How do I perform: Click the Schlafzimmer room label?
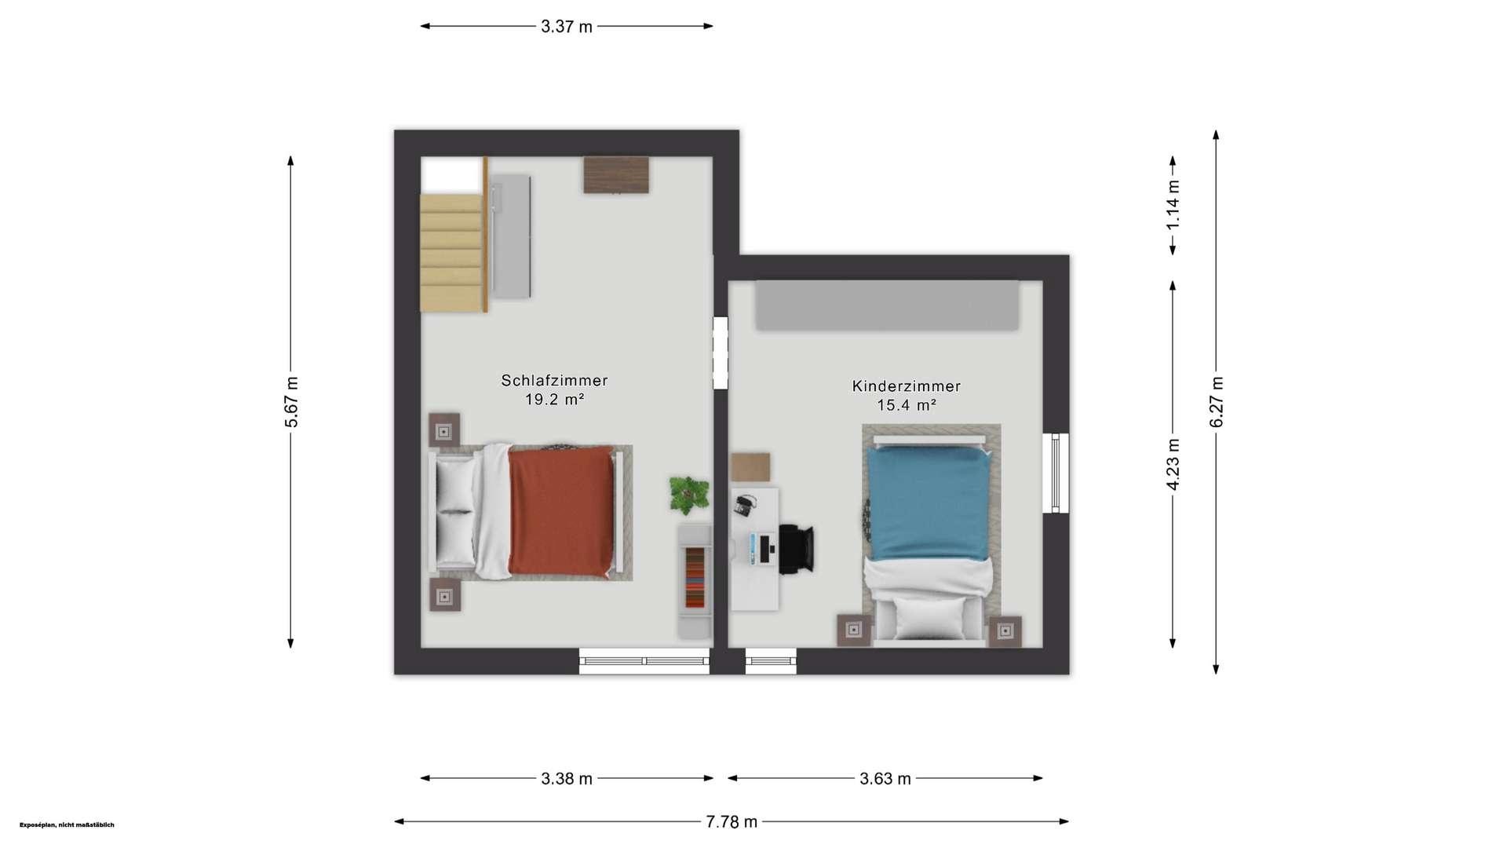click(554, 381)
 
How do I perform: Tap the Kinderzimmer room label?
click(907, 386)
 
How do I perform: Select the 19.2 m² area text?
click(554, 400)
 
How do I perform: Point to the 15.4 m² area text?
click(907, 405)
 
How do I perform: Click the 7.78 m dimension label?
click(732, 822)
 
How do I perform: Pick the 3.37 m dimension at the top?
click(567, 27)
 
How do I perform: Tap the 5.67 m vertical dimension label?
click(291, 402)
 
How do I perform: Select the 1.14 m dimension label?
click(1173, 205)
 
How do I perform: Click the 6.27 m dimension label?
click(1216, 402)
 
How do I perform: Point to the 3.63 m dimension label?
click(885, 779)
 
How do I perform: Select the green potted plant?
click(689, 495)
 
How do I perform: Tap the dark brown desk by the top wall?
click(616, 175)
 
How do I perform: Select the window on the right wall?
click(1056, 473)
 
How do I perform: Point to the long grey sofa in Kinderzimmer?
click(887, 305)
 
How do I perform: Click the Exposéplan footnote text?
click(67, 825)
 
